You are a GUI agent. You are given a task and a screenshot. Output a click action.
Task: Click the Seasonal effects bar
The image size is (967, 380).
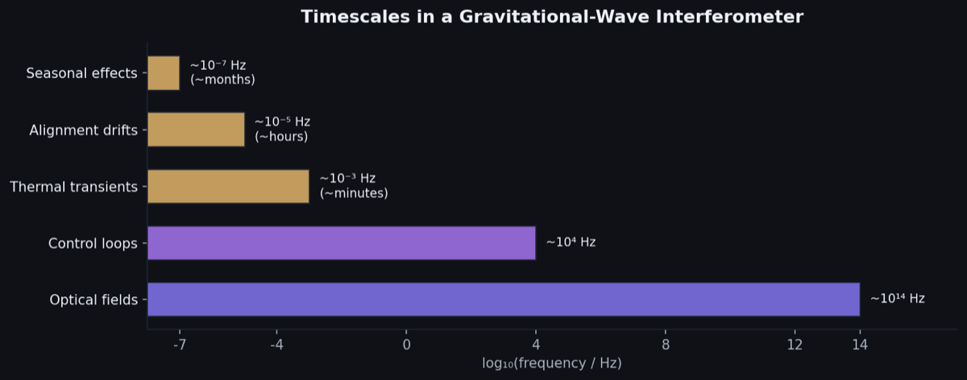164,73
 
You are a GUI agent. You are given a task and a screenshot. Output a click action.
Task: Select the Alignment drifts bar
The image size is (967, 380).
196,130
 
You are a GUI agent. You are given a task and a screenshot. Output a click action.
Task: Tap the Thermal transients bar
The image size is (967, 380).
228,187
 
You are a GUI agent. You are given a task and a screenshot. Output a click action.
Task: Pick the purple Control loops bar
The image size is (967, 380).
341,243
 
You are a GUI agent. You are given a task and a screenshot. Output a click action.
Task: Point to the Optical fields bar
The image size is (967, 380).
503,299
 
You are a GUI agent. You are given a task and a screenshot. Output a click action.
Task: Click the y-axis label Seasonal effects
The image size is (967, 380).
81,73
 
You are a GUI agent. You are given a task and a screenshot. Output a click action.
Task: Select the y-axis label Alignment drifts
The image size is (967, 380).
83,130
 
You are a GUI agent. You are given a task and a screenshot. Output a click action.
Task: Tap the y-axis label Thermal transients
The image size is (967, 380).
73,187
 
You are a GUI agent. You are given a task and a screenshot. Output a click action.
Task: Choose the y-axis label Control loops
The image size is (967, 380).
93,243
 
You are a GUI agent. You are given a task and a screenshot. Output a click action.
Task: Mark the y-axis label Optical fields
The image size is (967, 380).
93,300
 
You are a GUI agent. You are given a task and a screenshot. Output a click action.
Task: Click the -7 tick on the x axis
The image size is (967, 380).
179,345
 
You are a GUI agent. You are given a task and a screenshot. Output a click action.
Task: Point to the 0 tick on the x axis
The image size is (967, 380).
406,345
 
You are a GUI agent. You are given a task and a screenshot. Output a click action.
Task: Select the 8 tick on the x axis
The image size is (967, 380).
666,345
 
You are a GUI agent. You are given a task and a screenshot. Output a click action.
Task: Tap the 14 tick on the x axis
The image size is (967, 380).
860,345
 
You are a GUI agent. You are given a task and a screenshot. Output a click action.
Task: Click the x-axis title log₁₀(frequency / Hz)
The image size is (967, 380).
552,364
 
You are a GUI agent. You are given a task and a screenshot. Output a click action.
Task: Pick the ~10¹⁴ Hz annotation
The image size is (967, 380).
897,299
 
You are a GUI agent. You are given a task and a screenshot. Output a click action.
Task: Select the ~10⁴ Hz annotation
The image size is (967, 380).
571,242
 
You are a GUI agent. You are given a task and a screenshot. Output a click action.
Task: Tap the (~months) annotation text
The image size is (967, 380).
222,80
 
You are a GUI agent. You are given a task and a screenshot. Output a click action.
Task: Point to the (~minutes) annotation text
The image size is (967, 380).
354,193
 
